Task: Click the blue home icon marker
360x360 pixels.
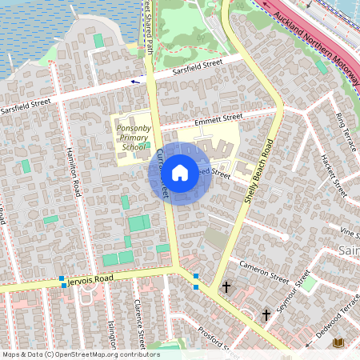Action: [x=180, y=172]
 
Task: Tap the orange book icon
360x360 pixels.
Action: [x=338, y=343]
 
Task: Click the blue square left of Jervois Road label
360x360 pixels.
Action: [x=62, y=280]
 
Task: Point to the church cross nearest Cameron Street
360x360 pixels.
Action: [x=226, y=286]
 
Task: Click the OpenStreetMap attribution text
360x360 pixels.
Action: [x=80, y=354]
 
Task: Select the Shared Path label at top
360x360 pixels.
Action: [x=148, y=24]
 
